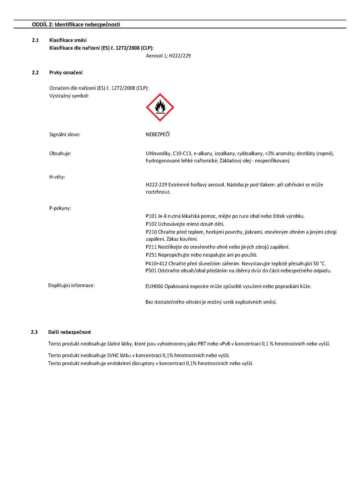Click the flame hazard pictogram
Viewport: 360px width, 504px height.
coord(160,107)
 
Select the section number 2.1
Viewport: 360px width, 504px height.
coord(35,40)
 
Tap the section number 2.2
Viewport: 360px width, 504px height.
coord(35,72)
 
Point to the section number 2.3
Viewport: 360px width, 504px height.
coord(35,333)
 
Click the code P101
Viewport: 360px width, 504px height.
coord(150,216)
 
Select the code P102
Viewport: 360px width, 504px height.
coord(150,224)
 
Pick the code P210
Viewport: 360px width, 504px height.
coord(150,232)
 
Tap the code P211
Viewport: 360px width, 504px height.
coord(150,247)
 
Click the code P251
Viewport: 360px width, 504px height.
coord(150,255)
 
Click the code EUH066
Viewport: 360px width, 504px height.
coord(153,286)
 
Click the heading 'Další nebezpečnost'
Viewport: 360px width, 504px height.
coord(70,333)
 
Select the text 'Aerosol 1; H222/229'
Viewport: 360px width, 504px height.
coord(168,56)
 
